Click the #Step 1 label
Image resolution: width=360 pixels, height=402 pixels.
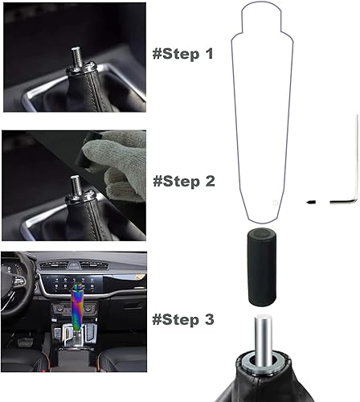click(182, 55)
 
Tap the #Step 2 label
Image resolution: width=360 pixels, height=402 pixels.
click(182, 182)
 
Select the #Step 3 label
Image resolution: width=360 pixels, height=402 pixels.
click(182, 319)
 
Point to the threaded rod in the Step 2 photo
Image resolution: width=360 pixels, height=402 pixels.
click(76, 184)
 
